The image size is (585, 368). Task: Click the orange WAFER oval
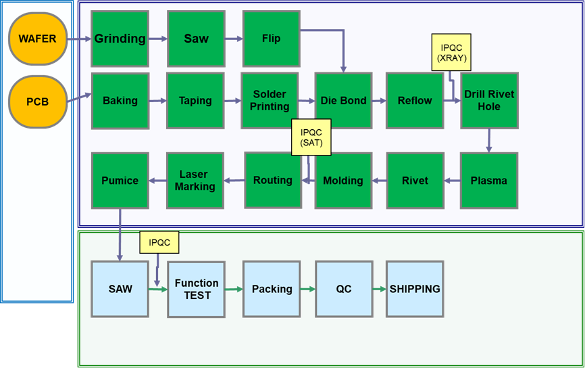pos(38,39)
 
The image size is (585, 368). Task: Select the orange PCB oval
pos(38,102)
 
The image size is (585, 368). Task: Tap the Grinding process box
pos(120,39)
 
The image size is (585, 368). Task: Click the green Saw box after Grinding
pos(196,39)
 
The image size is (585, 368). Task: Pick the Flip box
pos(271,39)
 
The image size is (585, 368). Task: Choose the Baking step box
pos(120,101)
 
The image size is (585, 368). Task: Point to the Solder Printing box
pos(270,101)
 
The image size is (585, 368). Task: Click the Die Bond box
pos(343,101)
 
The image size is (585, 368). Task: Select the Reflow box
pos(414,101)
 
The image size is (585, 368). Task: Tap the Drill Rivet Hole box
pos(489,101)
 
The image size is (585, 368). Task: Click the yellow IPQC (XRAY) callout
pos(451,53)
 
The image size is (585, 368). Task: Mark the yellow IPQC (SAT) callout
pos(311,137)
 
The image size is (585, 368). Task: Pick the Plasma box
pos(488,181)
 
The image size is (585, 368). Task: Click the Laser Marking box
pos(195,181)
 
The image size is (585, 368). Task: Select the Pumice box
pos(120,181)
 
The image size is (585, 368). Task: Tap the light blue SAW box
pos(120,289)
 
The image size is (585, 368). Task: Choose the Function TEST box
pos(196,289)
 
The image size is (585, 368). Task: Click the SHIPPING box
pos(415,289)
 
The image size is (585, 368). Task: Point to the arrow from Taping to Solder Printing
pos(232,101)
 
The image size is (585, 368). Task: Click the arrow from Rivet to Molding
pos(379,181)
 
